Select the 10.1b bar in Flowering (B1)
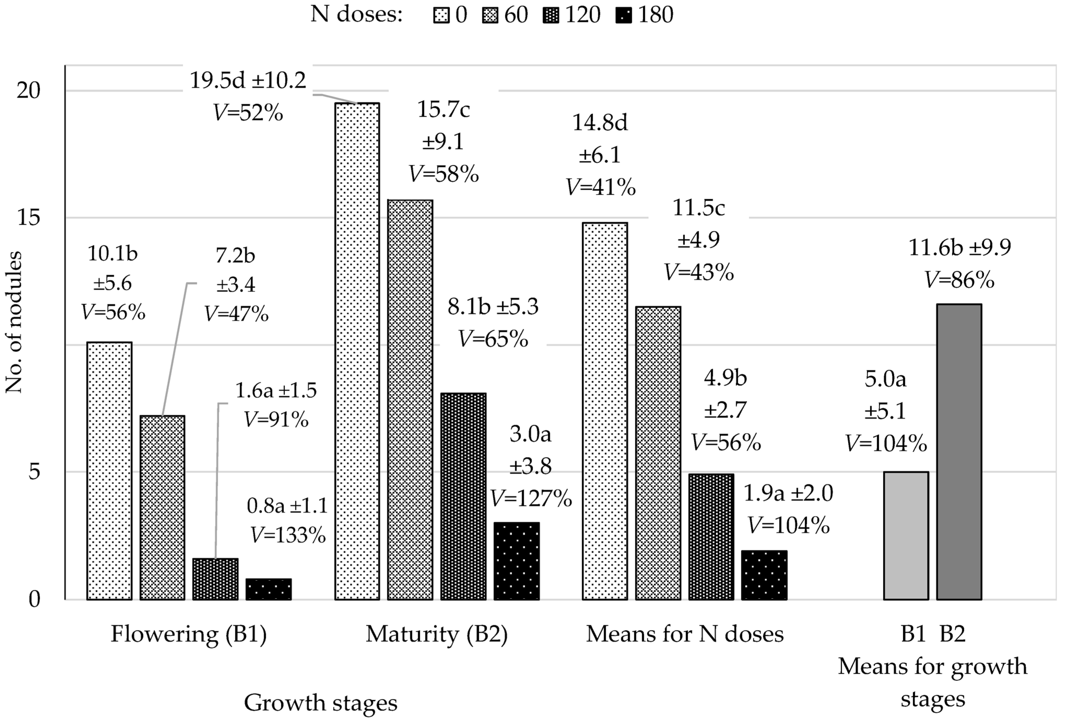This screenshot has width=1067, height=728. click(109, 470)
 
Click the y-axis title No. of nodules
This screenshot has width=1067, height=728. click(14, 322)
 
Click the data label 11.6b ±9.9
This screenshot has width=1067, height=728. click(960, 248)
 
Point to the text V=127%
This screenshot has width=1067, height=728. click(531, 498)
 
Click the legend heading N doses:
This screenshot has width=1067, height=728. click(356, 15)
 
